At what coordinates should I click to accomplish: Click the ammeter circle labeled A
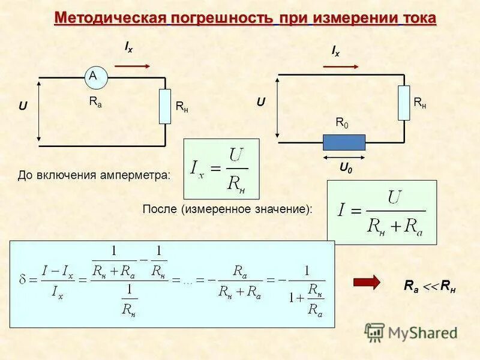tap(93, 76)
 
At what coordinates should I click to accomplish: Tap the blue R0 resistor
tap(344, 142)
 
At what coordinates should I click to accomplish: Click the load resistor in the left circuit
tap(165, 106)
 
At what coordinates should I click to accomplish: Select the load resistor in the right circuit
tap(404, 103)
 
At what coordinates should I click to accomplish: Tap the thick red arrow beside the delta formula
tap(367, 282)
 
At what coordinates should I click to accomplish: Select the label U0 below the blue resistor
tap(346, 169)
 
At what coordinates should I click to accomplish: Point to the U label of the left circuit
tap(23, 106)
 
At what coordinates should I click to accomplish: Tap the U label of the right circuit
tap(261, 103)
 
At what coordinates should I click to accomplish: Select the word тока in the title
tap(418, 18)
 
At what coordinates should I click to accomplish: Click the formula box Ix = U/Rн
tap(221, 169)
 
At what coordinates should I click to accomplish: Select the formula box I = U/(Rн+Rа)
tap(381, 212)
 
